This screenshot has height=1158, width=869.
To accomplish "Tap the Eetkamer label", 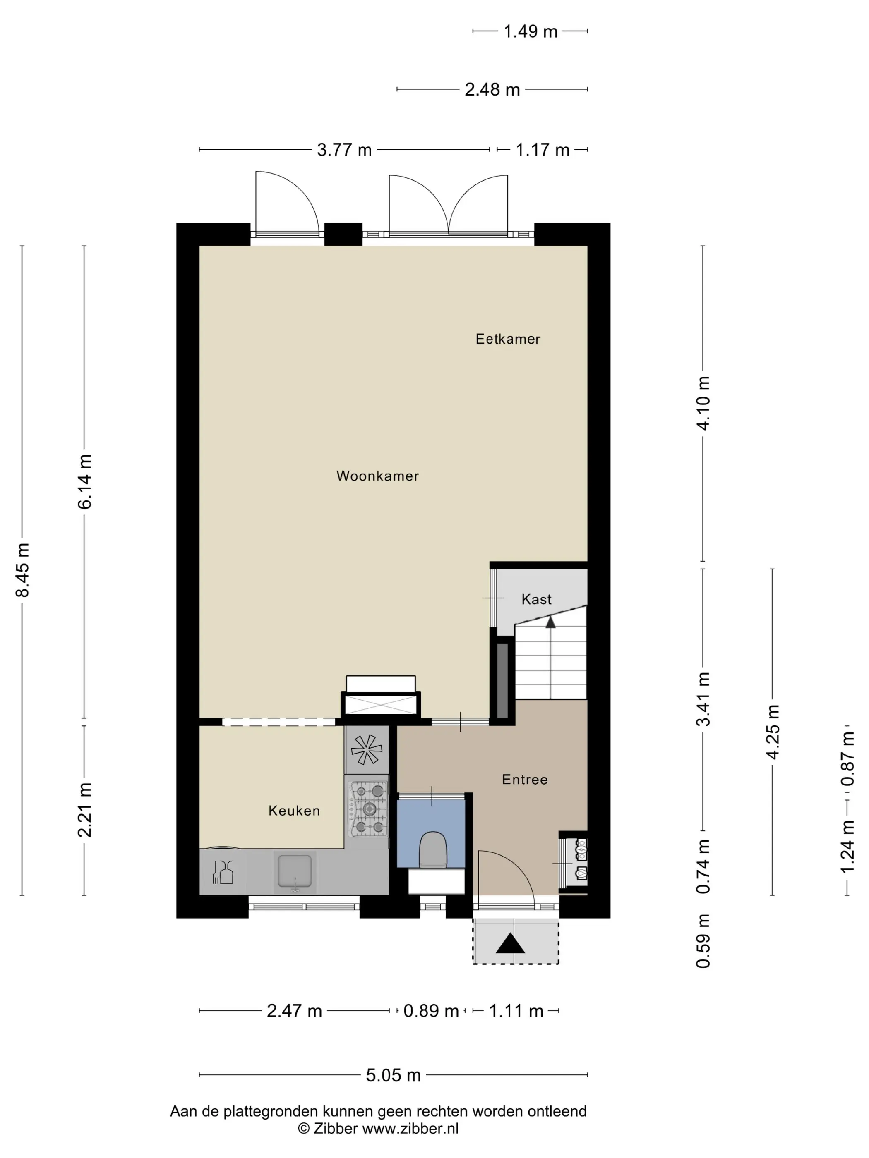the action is (x=508, y=339).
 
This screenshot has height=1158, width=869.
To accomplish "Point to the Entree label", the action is (x=525, y=780).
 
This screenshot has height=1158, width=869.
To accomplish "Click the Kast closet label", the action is (x=536, y=599).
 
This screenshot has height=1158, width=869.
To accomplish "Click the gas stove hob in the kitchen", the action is (x=369, y=809).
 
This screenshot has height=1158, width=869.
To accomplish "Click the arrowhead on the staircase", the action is (x=550, y=622).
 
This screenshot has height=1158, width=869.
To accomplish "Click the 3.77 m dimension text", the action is (x=344, y=150).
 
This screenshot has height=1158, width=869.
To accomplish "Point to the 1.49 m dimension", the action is (x=530, y=32).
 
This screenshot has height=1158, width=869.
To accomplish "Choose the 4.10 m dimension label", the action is (x=703, y=403).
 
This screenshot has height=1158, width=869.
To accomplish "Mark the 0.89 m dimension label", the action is (x=431, y=1011).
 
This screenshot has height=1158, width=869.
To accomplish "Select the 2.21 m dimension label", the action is (x=84, y=810).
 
